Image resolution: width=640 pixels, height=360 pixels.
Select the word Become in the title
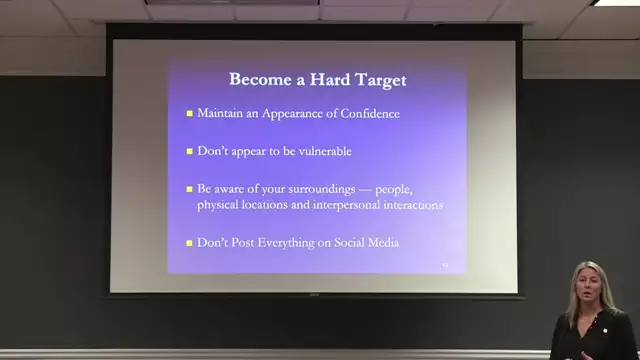[x=259, y=79]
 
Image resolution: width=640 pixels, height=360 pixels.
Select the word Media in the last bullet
[x=385, y=243]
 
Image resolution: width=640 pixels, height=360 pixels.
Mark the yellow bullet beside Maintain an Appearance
[x=189, y=114]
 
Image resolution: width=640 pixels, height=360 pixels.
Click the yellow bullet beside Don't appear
[x=189, y=151]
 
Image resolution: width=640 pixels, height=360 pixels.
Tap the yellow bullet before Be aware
[x=189, y=188]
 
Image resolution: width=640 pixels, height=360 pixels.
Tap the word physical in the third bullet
[x=221, y=205]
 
